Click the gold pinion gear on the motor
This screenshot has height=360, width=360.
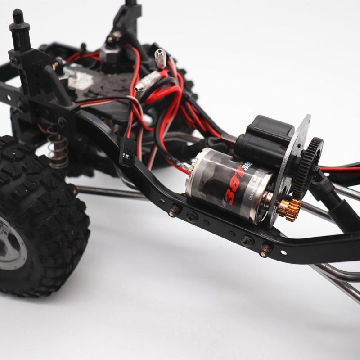click(288, 208)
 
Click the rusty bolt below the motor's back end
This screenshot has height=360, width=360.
click(174, 210)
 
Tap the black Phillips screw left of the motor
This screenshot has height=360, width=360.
click(192, 216)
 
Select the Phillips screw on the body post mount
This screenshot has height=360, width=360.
click(15, 60)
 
